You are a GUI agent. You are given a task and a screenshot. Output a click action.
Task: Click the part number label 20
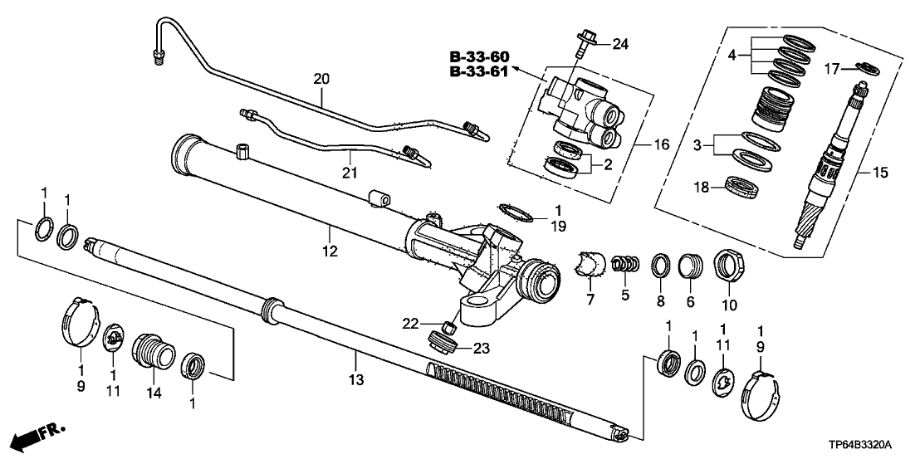321,80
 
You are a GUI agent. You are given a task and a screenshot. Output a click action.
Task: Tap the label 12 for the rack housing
330,251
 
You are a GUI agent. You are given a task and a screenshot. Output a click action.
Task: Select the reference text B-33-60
479,56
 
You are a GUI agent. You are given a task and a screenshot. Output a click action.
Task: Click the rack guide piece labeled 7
591,263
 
